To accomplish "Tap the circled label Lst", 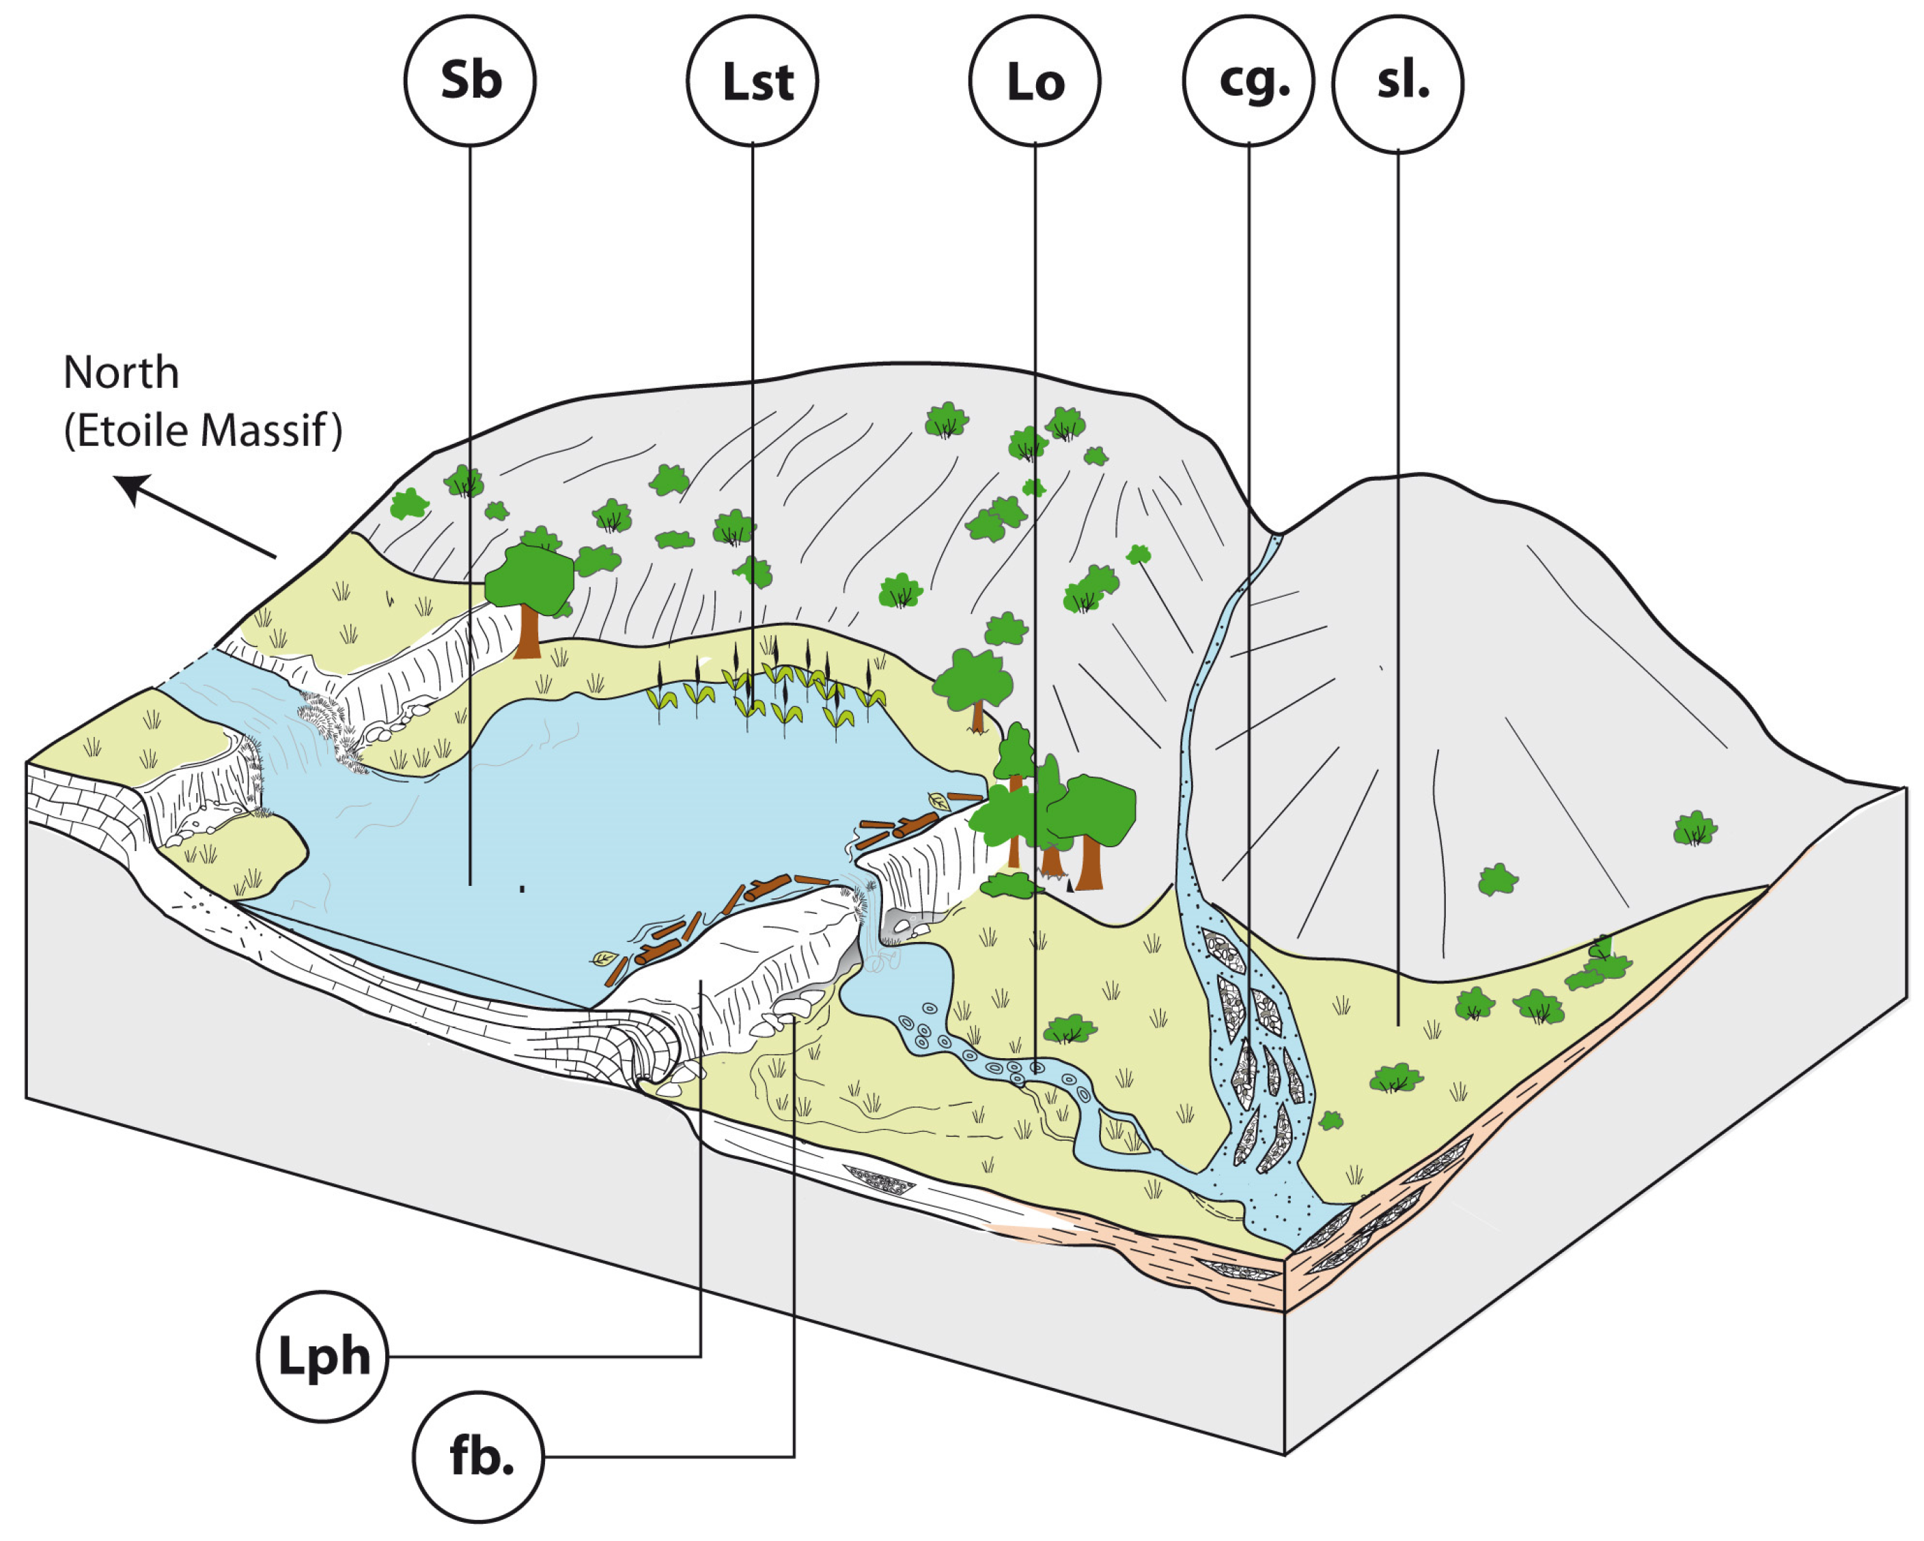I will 752,81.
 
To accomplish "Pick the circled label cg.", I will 1248,81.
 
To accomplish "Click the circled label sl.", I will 1397,83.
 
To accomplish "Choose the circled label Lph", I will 322,1357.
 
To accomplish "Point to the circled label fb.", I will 478,1457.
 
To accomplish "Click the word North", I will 122,372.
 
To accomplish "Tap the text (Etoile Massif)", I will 203,430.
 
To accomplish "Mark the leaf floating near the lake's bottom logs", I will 605,959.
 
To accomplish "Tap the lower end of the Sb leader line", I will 471,883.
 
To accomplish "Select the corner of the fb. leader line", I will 794,1457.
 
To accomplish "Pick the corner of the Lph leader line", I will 701,1357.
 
